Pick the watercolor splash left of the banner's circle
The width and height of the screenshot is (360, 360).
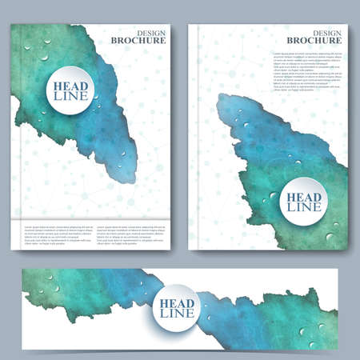pyautogui.click(x=88, y=292)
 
